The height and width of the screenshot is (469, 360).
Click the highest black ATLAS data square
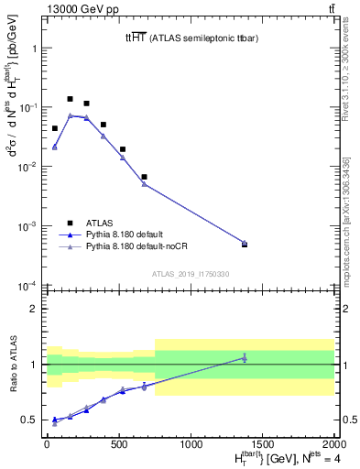[x=71, y=99]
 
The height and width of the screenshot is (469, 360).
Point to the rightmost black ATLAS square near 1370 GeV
[x=245, y=244]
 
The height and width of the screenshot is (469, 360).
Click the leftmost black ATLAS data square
[x=55, y=128]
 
